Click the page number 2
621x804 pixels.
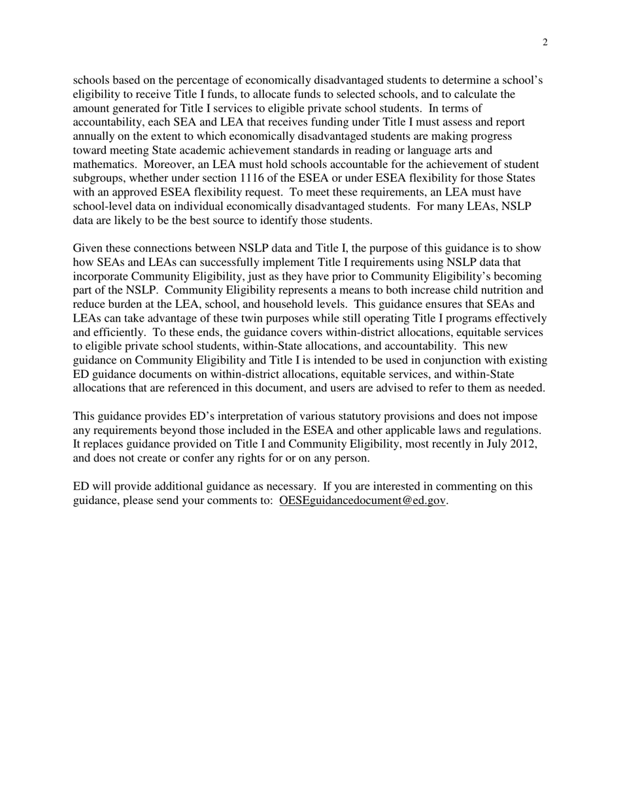(x=545, y=43)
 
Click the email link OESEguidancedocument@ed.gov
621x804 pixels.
(x=362, y=501)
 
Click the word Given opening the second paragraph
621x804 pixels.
(x=87, y=248)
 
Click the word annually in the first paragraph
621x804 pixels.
(x=94, y=137)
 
